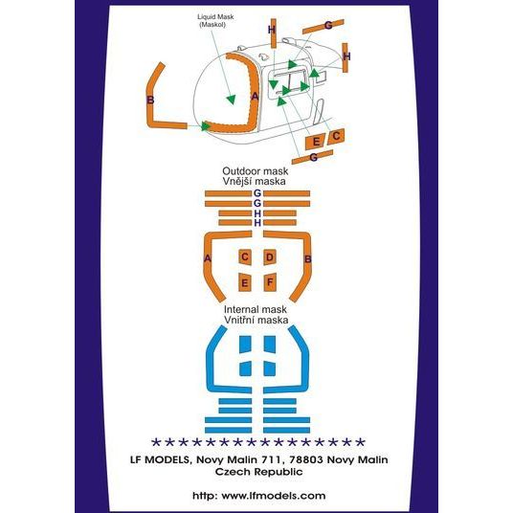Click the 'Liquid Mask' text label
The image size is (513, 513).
[x=215, y=17]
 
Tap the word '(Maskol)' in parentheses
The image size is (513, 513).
[x=212, y=25]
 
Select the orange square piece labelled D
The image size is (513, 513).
[x=270, y=257]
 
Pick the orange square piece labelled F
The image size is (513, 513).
[x=270, y=282]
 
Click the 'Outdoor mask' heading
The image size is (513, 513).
[x=256, y=171]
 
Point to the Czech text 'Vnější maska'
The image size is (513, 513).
[x=255, y=181]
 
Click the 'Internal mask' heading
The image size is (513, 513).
[x=256, y=309]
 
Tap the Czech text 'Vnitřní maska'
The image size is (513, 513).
[x=256, y=320]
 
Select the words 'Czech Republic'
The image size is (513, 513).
[x=258, y=472]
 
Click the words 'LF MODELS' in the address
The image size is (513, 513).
[x=160, y=459]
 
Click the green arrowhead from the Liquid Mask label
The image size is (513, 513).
[x=231, y=100]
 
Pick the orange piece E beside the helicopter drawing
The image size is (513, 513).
[x=315, y=142]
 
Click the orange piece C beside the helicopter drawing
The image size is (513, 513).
[x=336, y=136]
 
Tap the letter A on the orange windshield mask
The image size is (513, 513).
[x=255, y=97]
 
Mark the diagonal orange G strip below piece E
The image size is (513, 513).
[x=312, y=157]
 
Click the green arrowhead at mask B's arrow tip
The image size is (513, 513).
[x=206, y=126]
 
